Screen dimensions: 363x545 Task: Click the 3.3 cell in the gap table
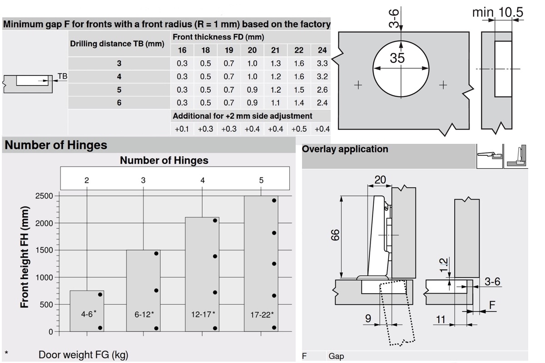322,64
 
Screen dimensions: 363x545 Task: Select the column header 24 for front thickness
322,50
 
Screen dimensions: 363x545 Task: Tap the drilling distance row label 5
119,90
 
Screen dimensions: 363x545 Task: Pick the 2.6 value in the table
322,90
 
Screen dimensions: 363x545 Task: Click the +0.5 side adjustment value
299,129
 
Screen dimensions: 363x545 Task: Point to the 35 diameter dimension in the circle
397,59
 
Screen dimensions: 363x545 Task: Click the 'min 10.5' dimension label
497,13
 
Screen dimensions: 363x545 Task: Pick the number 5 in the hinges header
261,180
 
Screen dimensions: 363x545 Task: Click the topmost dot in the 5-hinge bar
274,200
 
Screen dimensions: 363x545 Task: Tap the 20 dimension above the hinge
380,180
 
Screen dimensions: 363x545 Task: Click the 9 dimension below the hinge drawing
368,319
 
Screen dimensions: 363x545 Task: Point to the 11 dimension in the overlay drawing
441,319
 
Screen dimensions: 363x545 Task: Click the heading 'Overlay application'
345,149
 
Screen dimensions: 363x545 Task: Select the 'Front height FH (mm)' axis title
25,257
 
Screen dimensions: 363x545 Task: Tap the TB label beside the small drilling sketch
62,77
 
